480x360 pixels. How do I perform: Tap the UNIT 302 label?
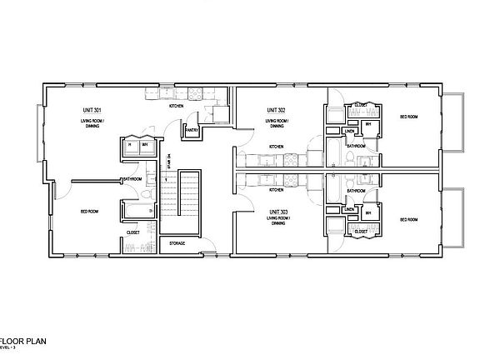coord(276,109)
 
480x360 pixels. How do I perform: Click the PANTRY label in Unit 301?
coord(191,131)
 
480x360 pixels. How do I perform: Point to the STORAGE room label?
coord(177,243)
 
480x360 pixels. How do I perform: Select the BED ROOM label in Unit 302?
coord(408,117)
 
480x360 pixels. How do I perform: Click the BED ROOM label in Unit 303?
coord(408,219)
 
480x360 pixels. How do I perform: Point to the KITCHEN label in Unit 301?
coord(177,107)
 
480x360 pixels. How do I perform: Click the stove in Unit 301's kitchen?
coord(196,94)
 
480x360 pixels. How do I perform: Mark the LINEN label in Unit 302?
coord(351,131)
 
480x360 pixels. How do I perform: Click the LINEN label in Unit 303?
coord(351,209)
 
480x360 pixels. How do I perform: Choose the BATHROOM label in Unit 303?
coord(356,191)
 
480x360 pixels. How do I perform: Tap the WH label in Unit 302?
coord(368,126)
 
